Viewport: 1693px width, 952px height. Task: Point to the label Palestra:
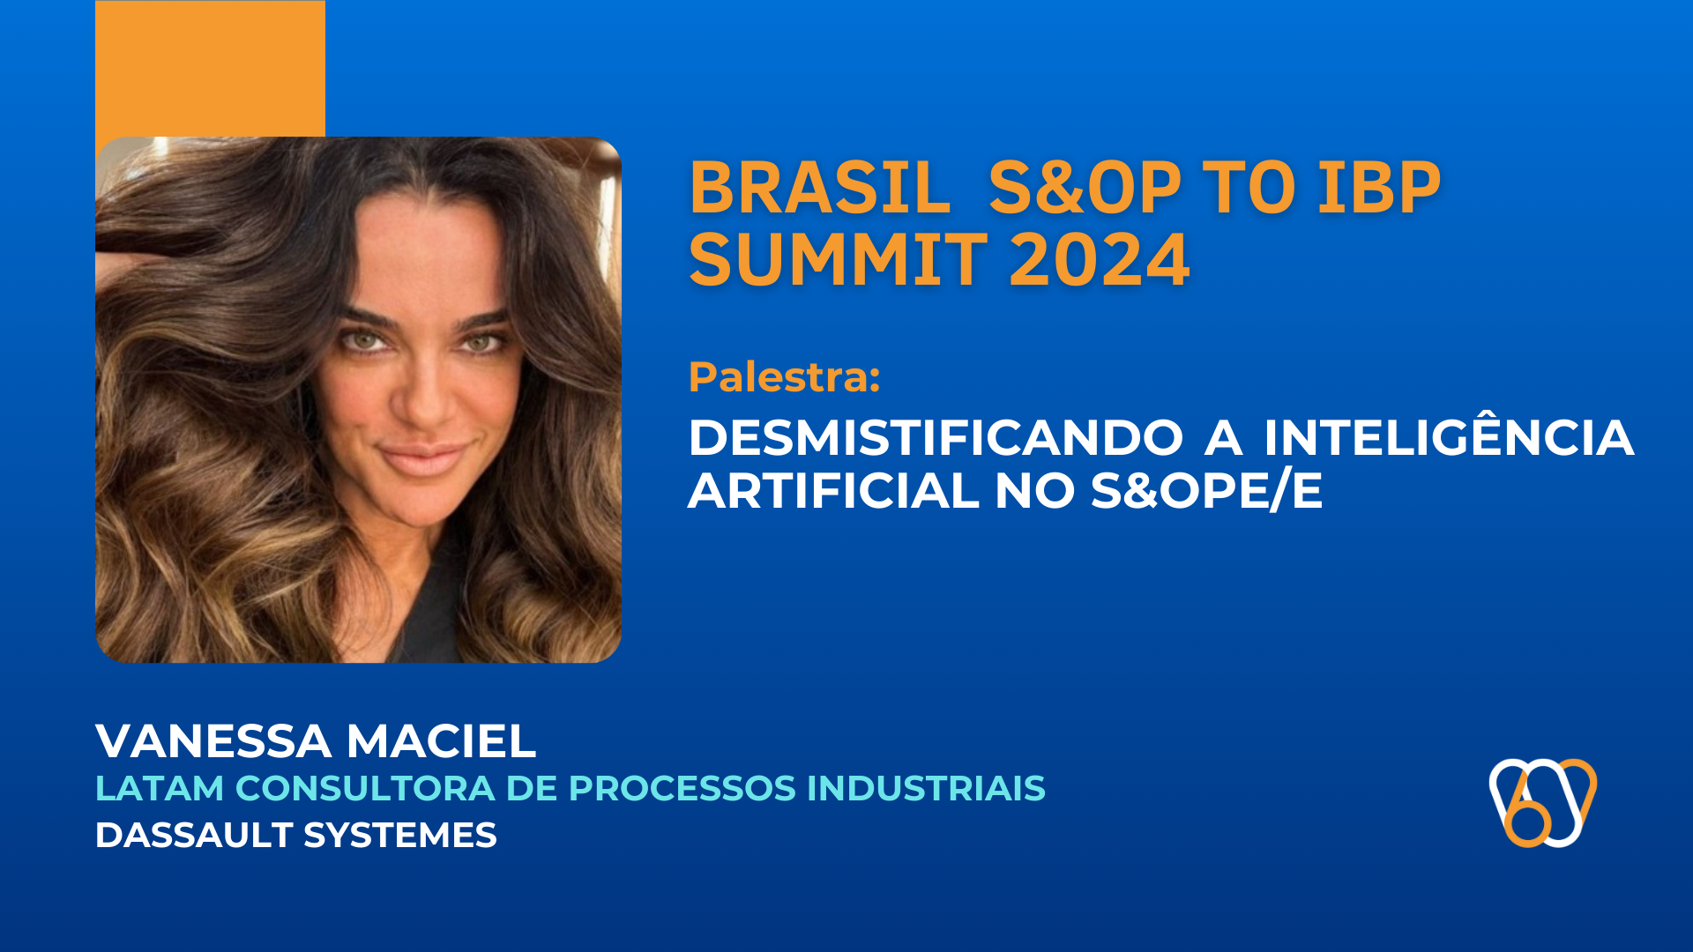[x=784, y=377]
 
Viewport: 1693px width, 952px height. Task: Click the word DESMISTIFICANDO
[x=936, y=438]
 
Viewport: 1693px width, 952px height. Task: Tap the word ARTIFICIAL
[x=833, y=491]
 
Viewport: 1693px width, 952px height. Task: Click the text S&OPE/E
[x=1206, y=491]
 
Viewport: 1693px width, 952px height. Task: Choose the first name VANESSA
[x=213, y=741]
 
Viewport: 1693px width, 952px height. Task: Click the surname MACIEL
[x=441, y=741]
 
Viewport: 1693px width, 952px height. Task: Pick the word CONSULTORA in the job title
[x=365, y=788]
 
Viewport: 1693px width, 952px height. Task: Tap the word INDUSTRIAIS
[x=925, y=788]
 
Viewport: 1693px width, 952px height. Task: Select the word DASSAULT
[x=193, y=835]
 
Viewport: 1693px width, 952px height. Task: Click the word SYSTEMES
[x=399, y=835]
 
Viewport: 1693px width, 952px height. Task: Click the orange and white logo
[x=1542, y=802]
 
